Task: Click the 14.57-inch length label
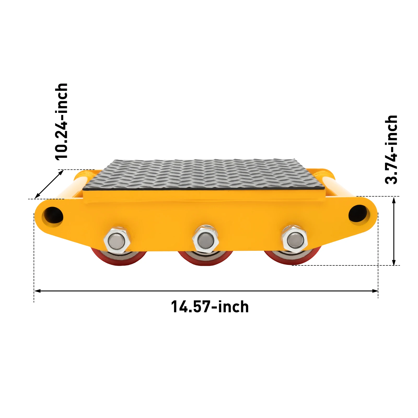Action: tap(210, 307)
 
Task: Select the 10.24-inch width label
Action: tap(62, 121)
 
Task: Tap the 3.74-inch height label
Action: tap(391, 150)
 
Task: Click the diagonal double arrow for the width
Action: tap(49, 184)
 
